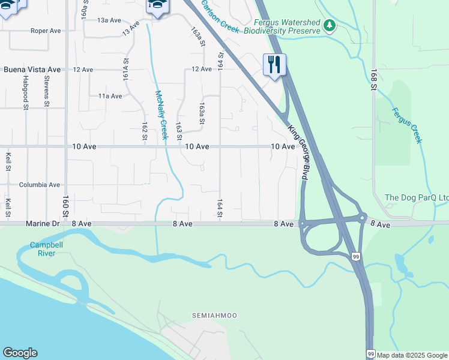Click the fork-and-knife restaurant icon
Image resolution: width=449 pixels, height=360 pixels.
274,64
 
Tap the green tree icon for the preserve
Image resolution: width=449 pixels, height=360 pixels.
328,26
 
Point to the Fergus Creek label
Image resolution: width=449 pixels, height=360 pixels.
407,125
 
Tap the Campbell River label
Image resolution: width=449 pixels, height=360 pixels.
43,249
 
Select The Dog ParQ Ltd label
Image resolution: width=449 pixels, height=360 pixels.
417,197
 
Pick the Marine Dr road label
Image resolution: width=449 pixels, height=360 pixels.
43,223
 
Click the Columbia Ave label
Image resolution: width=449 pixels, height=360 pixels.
40,185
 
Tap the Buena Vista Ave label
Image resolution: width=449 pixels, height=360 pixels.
32,70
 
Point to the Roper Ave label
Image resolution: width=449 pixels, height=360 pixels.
46,31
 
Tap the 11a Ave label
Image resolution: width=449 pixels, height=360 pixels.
110,96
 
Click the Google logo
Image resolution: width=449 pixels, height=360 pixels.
20,353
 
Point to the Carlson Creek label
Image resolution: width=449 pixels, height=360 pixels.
220,16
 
